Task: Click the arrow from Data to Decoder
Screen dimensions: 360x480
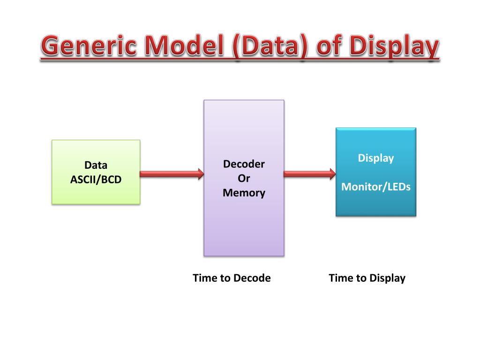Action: click(x=172, y=174)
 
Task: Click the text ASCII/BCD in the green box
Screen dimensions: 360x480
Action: click(x=96, y=179)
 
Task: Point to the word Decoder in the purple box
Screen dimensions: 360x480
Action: click(x=244, y=164)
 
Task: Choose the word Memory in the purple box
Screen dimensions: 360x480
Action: click(x=244, y=193)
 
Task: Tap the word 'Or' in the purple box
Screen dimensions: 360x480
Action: click(x=244, y=178)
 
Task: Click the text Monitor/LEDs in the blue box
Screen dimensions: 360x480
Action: click(x=376, y=187)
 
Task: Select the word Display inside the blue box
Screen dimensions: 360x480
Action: click(x=376, y=158)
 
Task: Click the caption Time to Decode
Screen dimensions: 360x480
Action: click(x=232, y=278)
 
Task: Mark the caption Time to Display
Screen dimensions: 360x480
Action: click(x=367, y=278)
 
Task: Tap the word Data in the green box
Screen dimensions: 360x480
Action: click(x=96, y=165)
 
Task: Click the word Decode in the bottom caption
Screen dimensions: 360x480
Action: click(x=252, y=278)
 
